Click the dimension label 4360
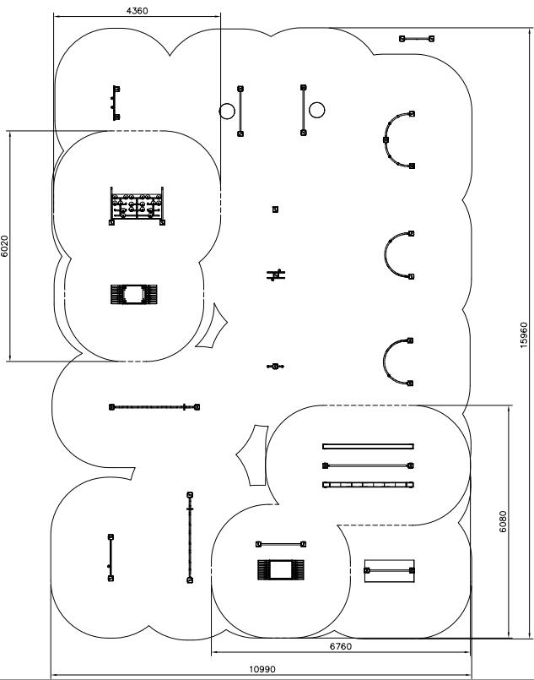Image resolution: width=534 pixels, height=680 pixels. (136, 11)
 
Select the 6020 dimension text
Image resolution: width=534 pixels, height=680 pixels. (5, 246)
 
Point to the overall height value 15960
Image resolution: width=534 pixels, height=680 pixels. (524, 334)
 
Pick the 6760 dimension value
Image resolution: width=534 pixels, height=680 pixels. (340, 646)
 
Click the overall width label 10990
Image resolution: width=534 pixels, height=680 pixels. (262, 669)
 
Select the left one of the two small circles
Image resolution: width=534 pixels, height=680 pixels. (227, 111)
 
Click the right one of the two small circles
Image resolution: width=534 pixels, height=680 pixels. (316, 109)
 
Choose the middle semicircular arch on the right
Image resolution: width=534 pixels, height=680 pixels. (396, 254)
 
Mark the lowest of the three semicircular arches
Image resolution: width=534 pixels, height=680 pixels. (396, 362)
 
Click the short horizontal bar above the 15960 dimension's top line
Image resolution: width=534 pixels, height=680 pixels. (418, 38)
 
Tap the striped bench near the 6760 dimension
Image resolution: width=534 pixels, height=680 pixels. (281, 569)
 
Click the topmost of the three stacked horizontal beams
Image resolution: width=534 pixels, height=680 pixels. (368, 446)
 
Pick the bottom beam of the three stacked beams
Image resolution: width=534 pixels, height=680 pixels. (368, 485)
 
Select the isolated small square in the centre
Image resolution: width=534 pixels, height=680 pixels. (275, 209)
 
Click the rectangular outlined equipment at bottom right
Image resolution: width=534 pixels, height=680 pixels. (390, 570)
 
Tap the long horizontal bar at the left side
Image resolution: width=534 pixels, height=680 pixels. (154, 407)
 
